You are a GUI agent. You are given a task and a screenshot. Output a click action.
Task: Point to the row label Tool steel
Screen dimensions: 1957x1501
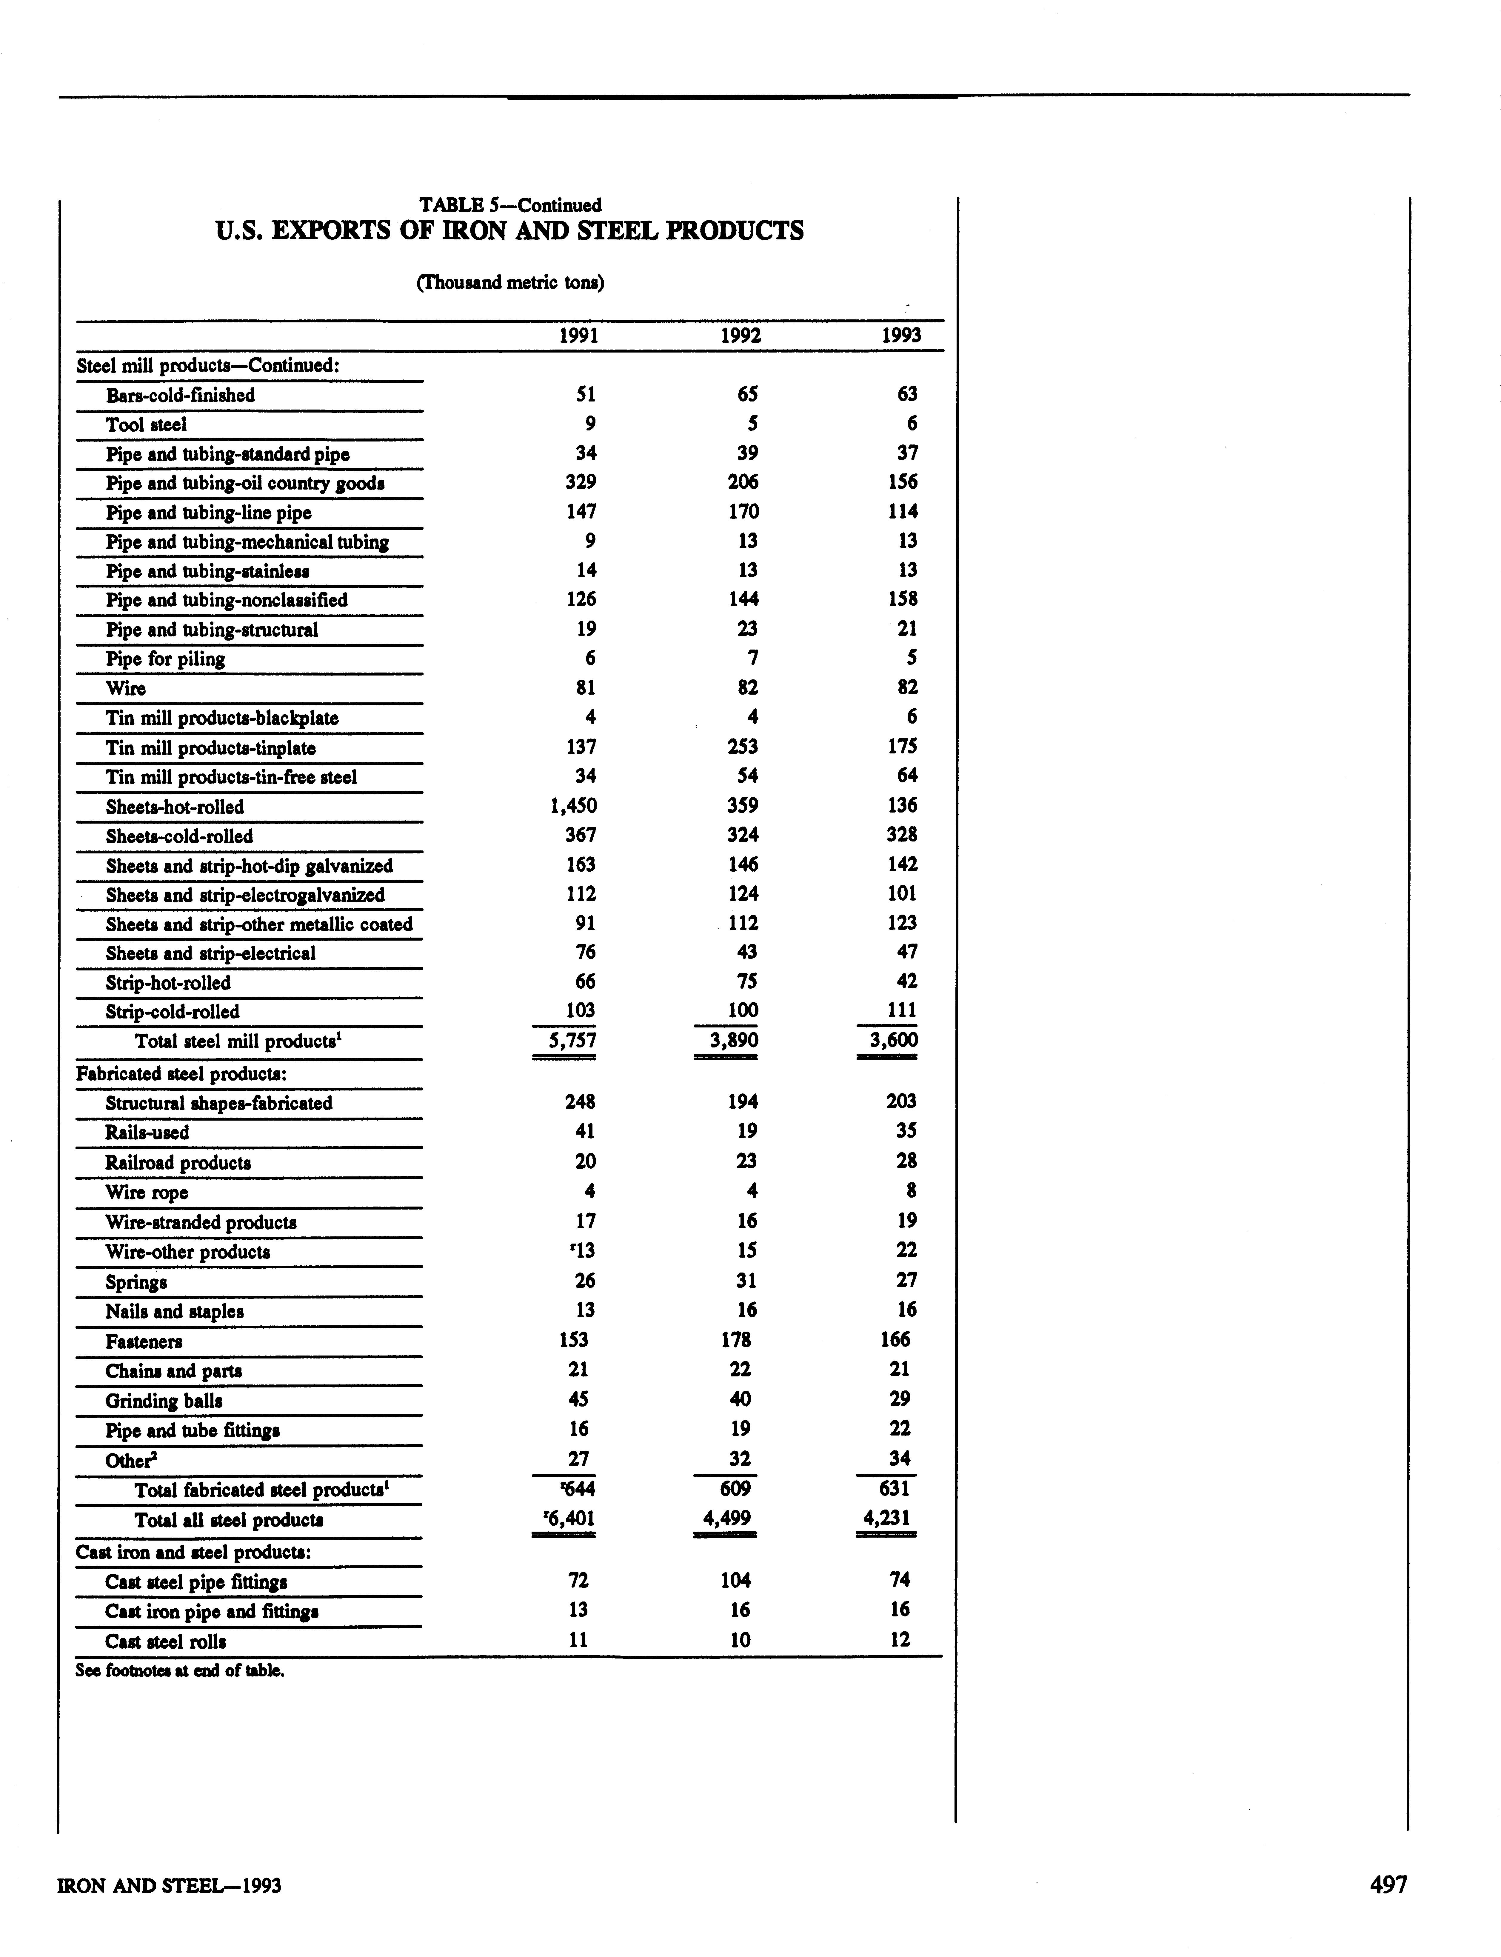click(x=147, y=424)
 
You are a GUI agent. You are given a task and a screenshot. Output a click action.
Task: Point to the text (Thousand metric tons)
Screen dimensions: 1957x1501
click(x=510, y=283)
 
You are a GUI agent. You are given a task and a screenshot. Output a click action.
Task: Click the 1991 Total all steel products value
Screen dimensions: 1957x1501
click(x=565, y=1518)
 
